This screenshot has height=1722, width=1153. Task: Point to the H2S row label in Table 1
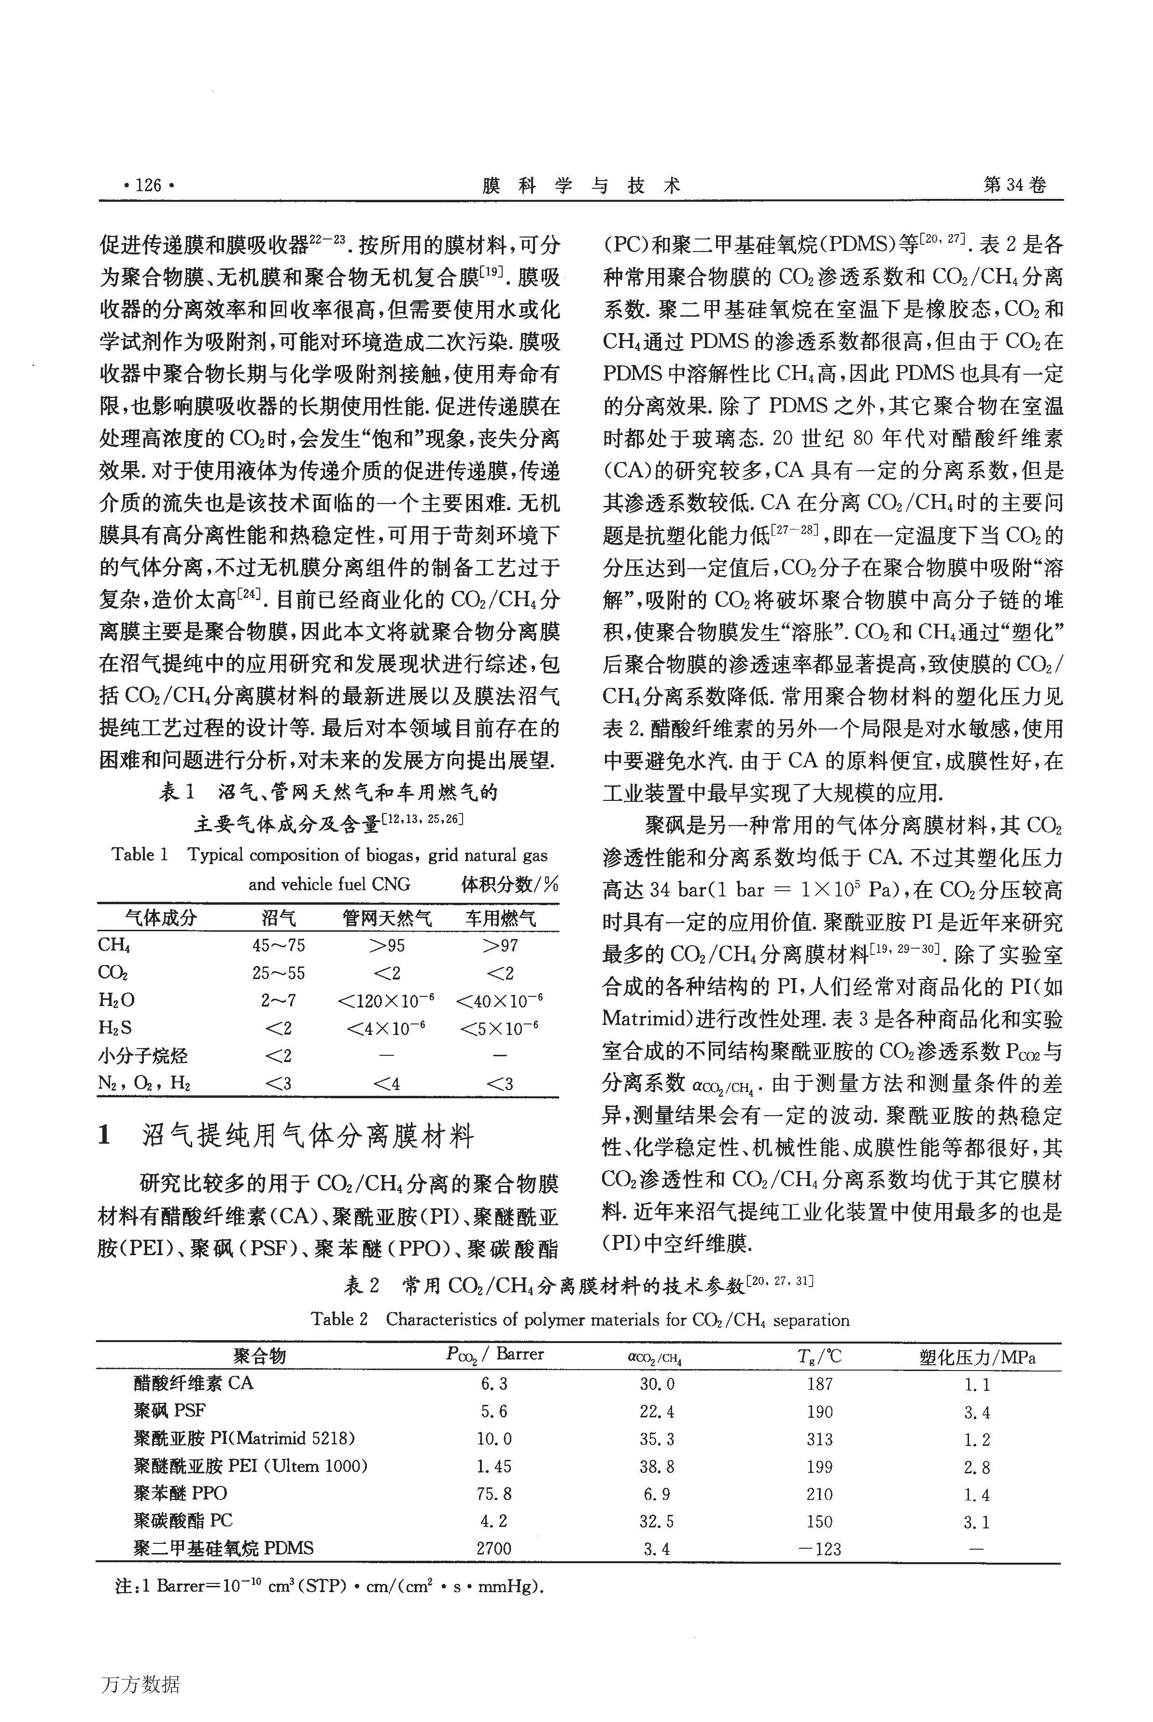coord(115,1028)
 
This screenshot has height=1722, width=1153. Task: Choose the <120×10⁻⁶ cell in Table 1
coord(386,1001)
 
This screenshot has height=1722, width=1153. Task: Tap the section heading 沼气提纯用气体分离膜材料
coord(308,1136)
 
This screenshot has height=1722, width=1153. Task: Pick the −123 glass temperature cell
coord(819,1549)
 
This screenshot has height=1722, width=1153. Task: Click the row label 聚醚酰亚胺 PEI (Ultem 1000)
coord(250,1466)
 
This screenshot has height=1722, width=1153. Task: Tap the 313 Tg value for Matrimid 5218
coord(819,1439)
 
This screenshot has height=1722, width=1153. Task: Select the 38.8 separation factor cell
coord(657,1466)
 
